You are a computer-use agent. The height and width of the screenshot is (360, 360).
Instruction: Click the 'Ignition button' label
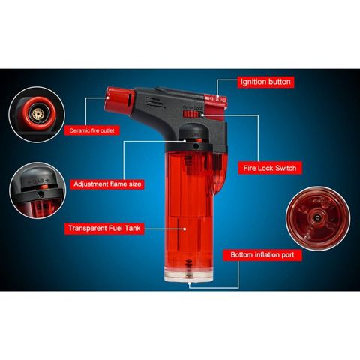(265, 81)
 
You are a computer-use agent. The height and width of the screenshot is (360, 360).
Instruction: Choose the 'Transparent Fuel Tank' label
(105, 228)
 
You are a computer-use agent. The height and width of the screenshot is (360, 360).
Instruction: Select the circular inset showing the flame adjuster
(36, 191)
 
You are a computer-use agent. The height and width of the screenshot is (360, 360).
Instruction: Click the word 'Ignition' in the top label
(253, 81)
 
